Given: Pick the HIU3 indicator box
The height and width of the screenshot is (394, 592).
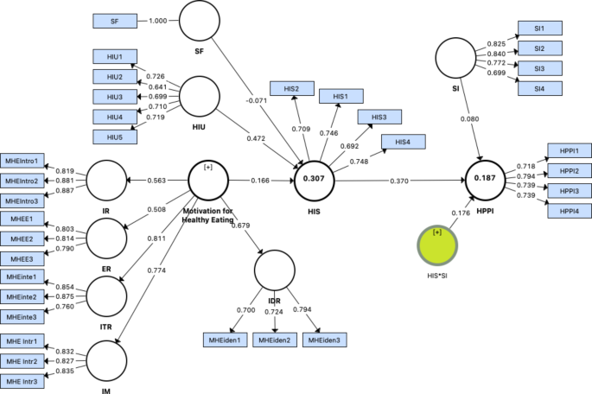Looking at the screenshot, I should point(115,97).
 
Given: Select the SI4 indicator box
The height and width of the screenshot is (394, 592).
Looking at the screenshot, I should point(539,88).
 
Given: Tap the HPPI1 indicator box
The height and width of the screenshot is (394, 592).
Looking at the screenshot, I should point(570,150).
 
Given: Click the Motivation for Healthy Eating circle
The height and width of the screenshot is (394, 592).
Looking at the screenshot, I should point(208,181).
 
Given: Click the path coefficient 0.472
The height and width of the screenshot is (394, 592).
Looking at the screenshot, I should point(257,137).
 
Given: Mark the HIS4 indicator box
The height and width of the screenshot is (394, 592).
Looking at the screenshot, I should point(403,141).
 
